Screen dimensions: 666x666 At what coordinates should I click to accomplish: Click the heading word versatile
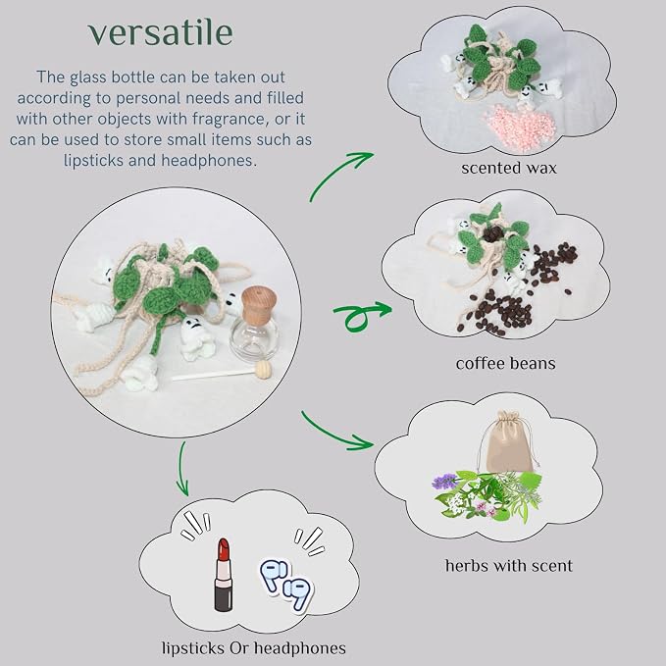(161, 32)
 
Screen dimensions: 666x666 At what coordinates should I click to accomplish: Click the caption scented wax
(509, 168)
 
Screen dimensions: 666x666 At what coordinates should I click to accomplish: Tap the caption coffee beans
(505, 364)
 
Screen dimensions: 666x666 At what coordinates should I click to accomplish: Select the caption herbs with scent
(509, 566)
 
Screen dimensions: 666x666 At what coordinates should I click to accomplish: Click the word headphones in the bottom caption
(300, 648)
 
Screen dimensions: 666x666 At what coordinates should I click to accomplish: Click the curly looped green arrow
(361, 315)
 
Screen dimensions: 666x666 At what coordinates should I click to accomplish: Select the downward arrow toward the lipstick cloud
(182, 470)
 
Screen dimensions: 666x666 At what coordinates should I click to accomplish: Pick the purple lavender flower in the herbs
(443, 482)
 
